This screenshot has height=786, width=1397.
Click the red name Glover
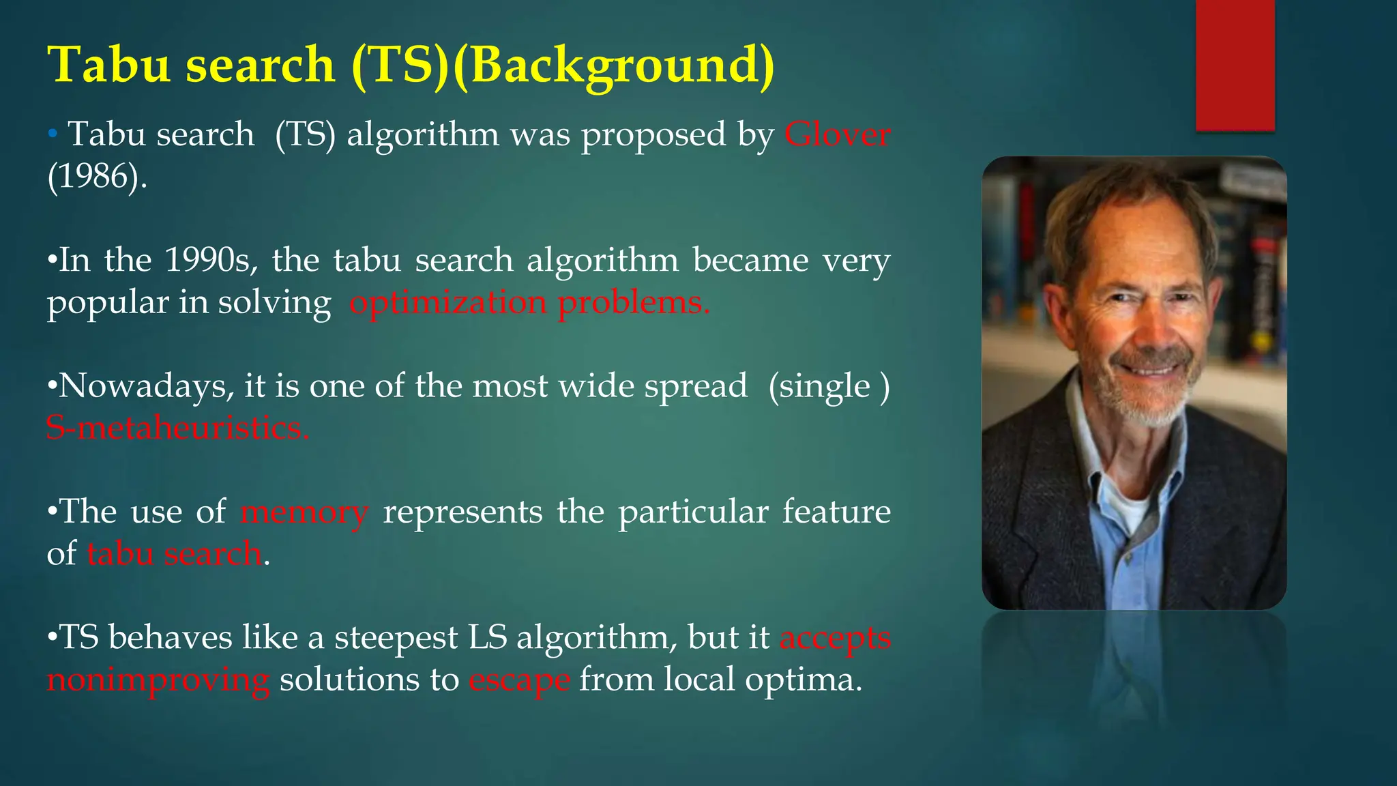[x=837, y=134]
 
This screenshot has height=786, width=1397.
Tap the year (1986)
[x=97, y=177]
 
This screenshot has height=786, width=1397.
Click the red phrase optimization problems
[x=529, y=302]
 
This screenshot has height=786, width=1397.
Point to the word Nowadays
[x=142, y=386]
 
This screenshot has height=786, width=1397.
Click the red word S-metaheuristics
[x=177, y=428]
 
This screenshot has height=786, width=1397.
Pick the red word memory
[x=304, y=512]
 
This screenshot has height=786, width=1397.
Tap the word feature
[x=836, y=512]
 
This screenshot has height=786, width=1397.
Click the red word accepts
[x=835, y=638]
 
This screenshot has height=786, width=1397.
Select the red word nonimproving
[x=158, y=680]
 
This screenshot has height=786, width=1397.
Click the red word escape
[x=519, y=680]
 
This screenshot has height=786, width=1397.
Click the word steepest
[x=396, y=638]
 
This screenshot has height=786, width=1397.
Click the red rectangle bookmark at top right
[x=1235, y=65]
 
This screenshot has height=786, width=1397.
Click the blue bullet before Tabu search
[x=53, y=134]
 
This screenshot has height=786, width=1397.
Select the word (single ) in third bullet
[x=829, y=386]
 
